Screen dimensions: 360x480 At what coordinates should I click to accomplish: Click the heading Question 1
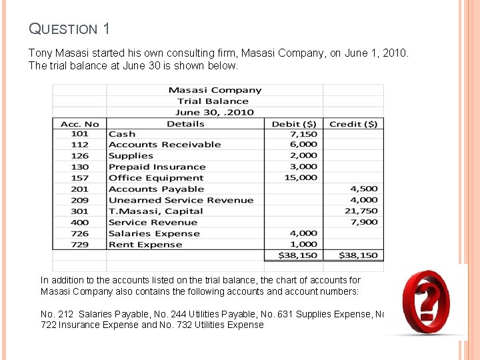point(69,29)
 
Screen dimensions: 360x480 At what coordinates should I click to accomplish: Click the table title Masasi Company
point(215,90)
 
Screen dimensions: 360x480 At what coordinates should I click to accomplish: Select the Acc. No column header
point(79,124)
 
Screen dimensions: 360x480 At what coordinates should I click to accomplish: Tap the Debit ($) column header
point(294,124)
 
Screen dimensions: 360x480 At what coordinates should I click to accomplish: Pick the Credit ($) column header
point(353,124)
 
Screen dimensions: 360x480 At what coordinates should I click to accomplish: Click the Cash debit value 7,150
point(304,134)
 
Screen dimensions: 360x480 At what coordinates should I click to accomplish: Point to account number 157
point(79,178)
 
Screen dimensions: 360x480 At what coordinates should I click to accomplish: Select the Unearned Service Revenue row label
point(181,200)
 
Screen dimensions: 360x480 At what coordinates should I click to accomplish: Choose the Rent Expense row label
point(145,245)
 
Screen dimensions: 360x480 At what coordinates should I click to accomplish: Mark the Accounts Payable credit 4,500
point(364,189)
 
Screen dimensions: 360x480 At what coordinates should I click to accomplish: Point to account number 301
point(79,211)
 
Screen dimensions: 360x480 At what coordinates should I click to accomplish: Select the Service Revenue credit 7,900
point(364,223)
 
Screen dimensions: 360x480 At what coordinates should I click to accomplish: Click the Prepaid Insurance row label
point(157,167)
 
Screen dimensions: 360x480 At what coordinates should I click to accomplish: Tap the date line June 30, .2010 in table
point(215,113)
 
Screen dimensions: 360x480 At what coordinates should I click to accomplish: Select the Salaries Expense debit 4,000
point(304,233)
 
